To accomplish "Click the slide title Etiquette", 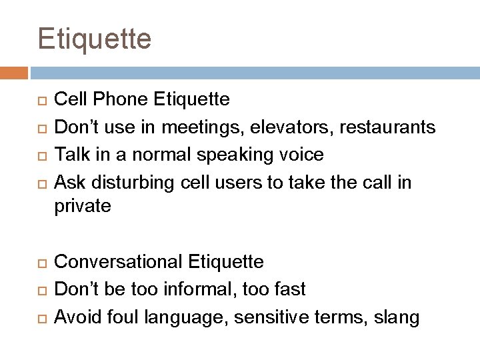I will tap(95, 39).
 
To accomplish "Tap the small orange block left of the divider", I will tap(14, 72).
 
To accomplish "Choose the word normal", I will tap(155, 155).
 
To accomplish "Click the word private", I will tap(83, 207).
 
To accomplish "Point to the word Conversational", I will tap(119, 261).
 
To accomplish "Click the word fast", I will tap(291, 289).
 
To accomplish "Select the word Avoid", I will tap(75, 317).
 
